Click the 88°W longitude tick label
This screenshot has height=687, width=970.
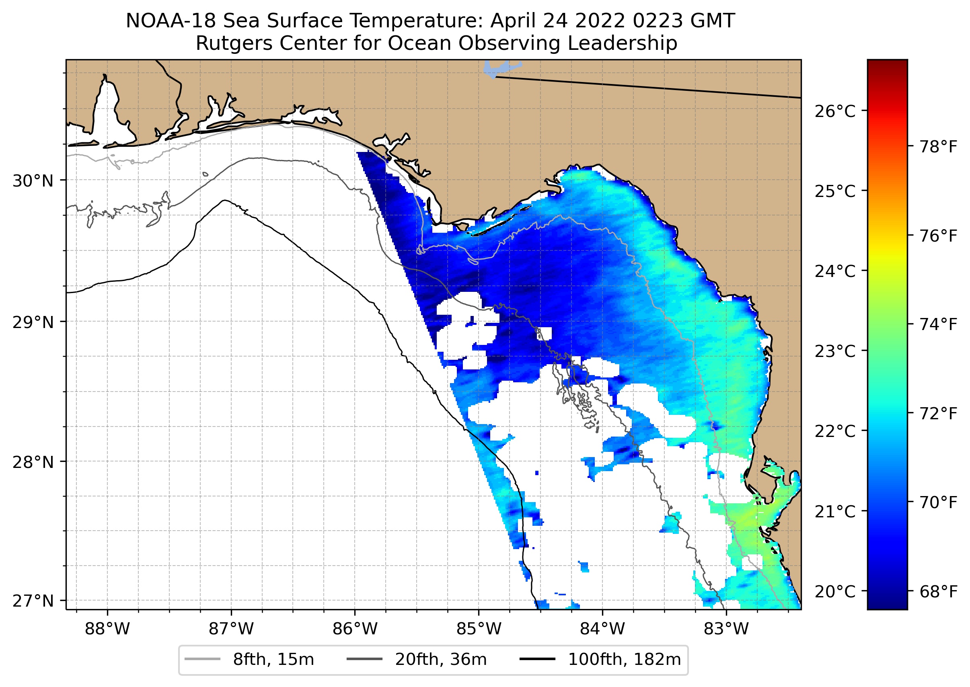pyautogui.click(x=107, y=629)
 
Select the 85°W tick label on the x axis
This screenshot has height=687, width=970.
pyautogui.click(x=479, y=629)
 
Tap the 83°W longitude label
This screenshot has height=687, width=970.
pyautogui.click(x=726, y=629)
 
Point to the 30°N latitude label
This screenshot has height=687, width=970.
pyautogui.click(x=33, y=181)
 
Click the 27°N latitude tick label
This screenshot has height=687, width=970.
pyautogui.click(x=33, y=601)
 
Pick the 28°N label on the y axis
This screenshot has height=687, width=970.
pyautogui.click(x=33, y=462)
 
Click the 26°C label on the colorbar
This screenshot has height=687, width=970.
pyautogui.click(x=834, y=112)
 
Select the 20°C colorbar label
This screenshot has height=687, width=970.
pyautogui.click(x=834, y=591)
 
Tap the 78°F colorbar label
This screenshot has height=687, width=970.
pyautogui.click(x=938, y=147)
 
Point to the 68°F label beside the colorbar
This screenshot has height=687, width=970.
pyautogui.click(x=938, y=591)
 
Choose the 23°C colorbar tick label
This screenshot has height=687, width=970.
pyautogui.click(x=834, y=351)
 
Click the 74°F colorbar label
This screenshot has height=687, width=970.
pyautogui.click(x=938, y=324)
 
